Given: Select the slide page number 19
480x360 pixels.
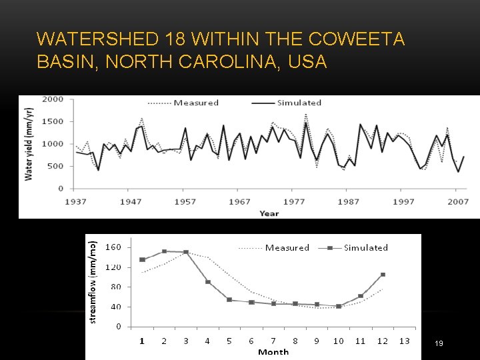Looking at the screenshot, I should click(439, 343).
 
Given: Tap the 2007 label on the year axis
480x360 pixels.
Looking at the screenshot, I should click(457, 201).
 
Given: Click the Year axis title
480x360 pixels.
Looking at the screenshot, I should click(269, 213).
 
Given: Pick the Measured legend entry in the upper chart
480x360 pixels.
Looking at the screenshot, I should click(196, 103).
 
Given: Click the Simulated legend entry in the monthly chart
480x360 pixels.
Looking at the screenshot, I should click(366, 247).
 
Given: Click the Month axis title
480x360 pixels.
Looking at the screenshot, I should click(273, 351).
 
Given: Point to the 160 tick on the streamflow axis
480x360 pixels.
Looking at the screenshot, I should click(113, 247).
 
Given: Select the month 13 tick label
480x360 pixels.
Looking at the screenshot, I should click(403, 341).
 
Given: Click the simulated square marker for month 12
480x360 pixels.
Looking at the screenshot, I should click(383, 274).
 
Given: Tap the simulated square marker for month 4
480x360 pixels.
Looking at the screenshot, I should click(207, 282).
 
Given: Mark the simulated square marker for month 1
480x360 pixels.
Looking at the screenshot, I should click(142, 259).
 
